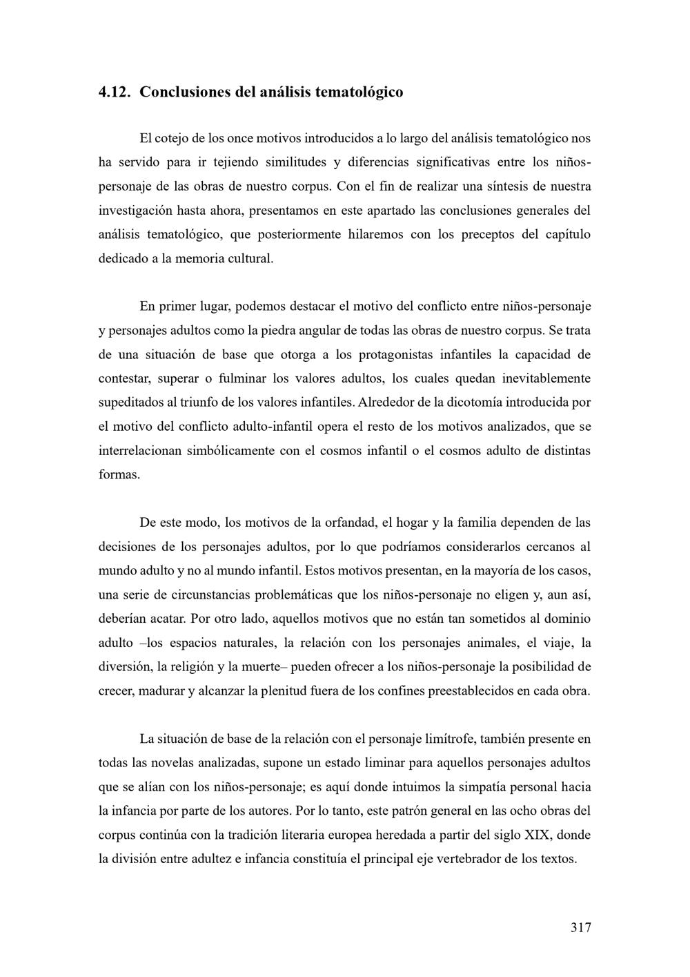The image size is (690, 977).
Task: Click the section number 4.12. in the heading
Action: pyautogui.click(x=115, y=92)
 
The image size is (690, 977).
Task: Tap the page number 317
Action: pyautogui.click(x=580, y=927)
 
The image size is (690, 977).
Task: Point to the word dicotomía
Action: pyautogui.click(x=473, y=402)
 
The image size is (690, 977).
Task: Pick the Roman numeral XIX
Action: pyautogui.click(x=537, y=835)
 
